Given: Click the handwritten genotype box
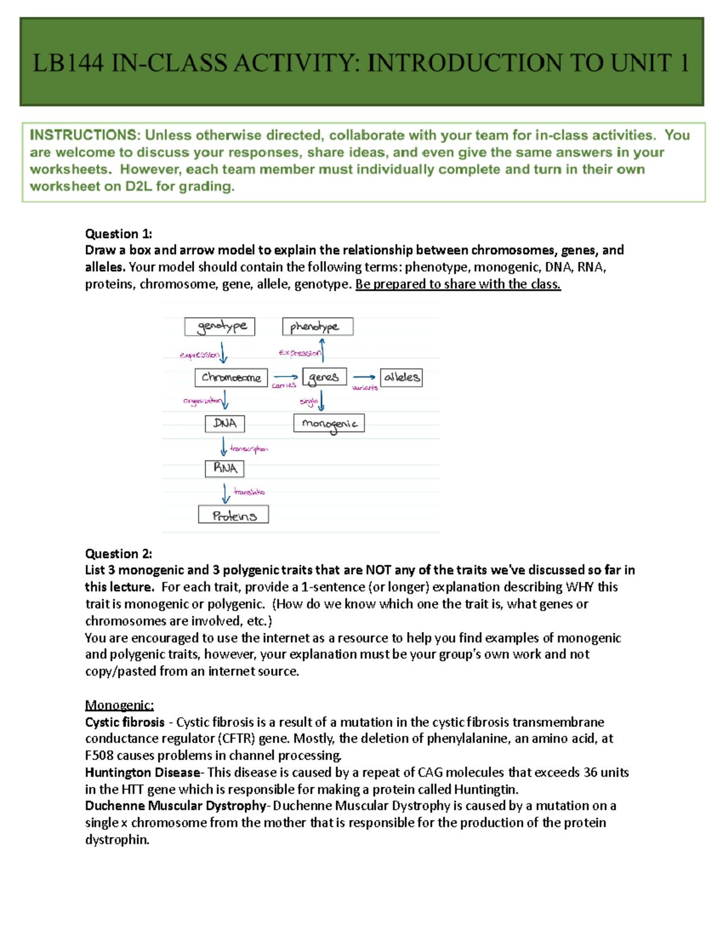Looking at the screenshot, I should [220, 327].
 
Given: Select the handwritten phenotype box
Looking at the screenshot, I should [318, 327].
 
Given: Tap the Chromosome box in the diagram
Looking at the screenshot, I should [231, 378].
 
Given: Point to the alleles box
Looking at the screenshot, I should [401, 378].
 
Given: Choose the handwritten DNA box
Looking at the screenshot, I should [225, 424].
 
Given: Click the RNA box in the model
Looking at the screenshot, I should [225, 468].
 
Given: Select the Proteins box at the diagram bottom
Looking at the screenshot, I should [234, 515].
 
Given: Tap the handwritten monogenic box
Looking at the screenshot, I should [329, 424].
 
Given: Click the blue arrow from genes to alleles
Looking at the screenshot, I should [364, 377].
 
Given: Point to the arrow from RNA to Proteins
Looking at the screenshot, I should [225, 493].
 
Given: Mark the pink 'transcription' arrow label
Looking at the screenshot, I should [249, 449].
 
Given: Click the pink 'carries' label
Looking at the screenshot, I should [284, 386].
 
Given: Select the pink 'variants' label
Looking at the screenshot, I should [365, 388].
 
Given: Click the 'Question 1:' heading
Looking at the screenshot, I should [119, 234].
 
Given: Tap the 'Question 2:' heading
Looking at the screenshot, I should [119, 554].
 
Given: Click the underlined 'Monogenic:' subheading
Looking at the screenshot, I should [119, 705].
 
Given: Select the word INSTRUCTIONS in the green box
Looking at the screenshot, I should [84, 135].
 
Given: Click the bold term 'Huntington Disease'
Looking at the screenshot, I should [143, 773].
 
